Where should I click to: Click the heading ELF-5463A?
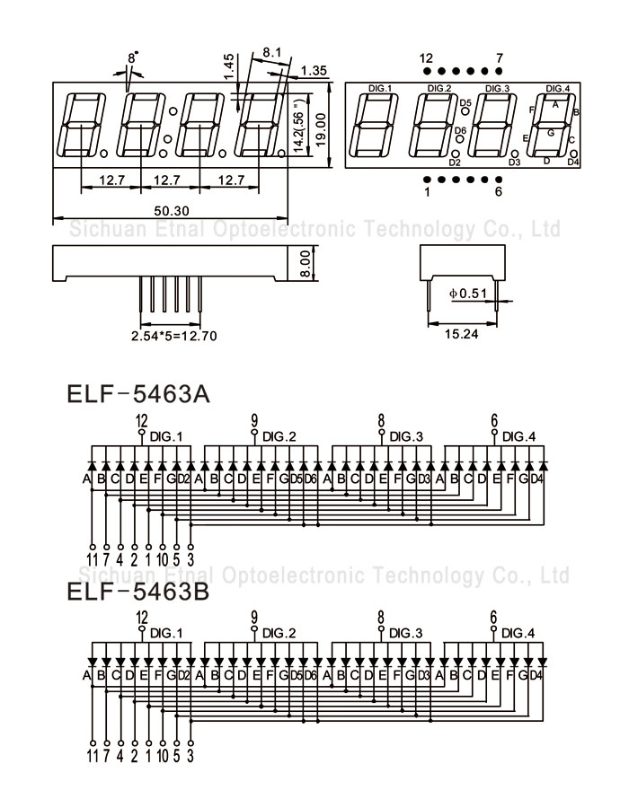(137, 395)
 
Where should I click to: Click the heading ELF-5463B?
(137, 593)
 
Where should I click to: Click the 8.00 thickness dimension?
(306, 263)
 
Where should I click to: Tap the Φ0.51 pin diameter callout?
(466, 292)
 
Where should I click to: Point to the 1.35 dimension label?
(314, 70)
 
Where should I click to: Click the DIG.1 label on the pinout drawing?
(381, 88)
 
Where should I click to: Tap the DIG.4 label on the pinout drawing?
(557, 88)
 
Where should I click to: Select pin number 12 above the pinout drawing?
(426, 58)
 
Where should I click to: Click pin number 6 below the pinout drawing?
(499, 191)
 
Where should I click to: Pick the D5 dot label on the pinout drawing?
(465, 103)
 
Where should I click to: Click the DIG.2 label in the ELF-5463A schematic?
(279, 436)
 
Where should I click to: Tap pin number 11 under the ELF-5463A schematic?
(93, 561)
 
